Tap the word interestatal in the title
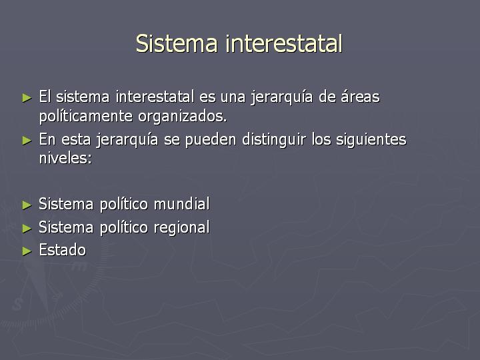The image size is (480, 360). [283, 44]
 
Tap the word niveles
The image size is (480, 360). [65, 159]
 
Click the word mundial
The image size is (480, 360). [181, 204]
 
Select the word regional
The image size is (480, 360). [181, 227]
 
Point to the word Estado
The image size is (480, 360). [63, 250]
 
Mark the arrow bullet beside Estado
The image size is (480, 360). [27, 251]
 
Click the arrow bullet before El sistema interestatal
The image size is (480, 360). [27, 97]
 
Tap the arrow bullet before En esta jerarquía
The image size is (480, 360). [27, 140]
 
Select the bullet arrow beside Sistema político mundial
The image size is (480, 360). [27, 204]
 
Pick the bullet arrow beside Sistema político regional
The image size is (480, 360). [27, 228]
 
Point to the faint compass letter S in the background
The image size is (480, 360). [17, 305]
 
